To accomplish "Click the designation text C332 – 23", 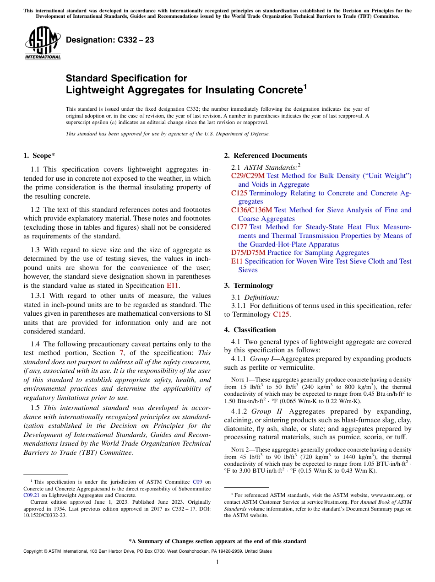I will point(110,40).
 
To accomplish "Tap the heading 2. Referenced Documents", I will point(266,156).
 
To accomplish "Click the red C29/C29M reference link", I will point(248,176).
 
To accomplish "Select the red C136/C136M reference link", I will point(251,210).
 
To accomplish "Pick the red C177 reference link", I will point(239,227).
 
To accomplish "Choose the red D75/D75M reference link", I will point(248,253).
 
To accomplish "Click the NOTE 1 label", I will point(242,380).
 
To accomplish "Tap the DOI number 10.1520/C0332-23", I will point(44,515).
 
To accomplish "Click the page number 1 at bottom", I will point(217,562).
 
